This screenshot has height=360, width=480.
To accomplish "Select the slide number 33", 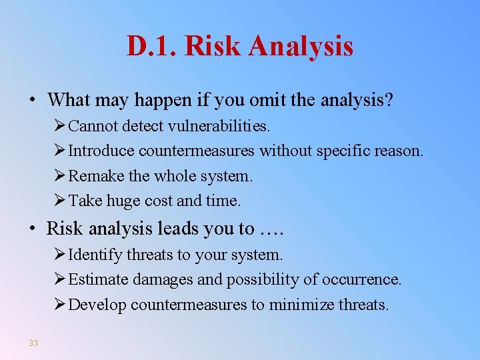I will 33,343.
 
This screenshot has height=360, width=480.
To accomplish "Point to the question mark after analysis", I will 389,101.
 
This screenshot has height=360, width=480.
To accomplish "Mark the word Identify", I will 94,255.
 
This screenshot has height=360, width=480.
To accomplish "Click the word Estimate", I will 98,280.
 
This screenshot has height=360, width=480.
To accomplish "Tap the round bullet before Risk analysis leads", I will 32,229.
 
